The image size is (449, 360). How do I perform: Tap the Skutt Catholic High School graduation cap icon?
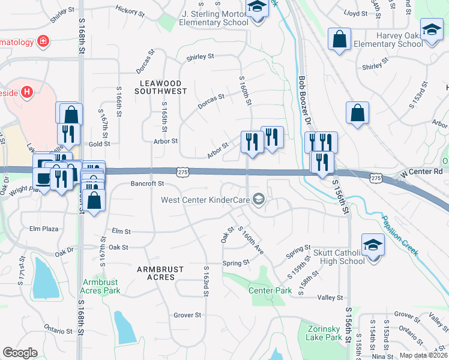click(373, 245)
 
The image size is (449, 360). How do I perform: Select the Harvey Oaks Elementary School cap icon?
click(432, 29)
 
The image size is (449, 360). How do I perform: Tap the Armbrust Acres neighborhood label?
click(159, 274)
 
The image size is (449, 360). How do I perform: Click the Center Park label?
click(270, 290)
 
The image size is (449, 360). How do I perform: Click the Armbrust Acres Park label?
click(100, 286)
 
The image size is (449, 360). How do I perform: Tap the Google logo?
click(20, 353)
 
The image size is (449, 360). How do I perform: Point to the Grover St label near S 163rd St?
click(187, 315)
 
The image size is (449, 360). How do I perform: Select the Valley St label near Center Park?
click(330, 298)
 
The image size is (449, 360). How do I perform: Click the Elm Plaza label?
click(43, 229)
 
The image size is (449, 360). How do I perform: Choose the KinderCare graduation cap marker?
click(259, 199)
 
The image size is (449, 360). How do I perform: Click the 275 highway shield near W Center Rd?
click(376, 178)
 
